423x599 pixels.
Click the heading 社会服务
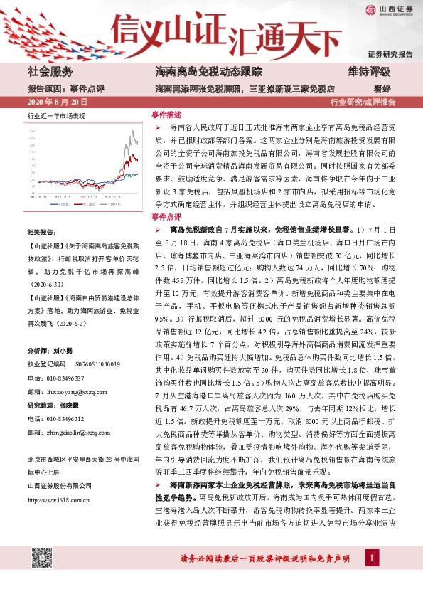(50, 72)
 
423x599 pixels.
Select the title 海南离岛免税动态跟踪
(198, 72)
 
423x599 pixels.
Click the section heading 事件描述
(166, 114)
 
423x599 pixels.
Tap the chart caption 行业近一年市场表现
(56, 115)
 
